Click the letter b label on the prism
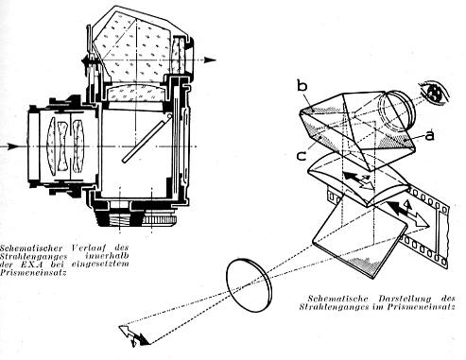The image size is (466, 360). [302, 86]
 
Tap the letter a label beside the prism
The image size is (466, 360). [429, 135]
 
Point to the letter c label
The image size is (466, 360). [302, 156]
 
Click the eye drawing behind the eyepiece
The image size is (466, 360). [434, 91]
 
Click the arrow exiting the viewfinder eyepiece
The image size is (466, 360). [209, 60]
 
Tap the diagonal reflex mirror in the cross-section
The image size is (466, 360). [147, 139]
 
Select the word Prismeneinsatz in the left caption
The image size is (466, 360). [33, 272]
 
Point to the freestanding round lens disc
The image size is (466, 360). [249, 285]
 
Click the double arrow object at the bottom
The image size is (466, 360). [134, 334]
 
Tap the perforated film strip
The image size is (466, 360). [409, 227]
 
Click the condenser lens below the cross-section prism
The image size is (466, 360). [136, 93]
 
